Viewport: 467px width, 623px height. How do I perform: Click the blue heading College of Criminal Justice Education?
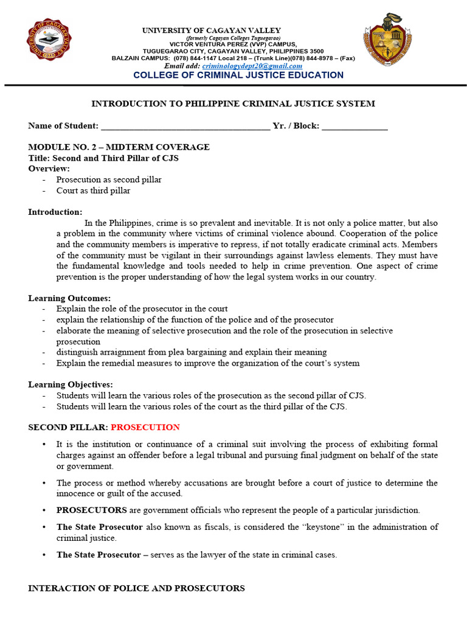point(238,75)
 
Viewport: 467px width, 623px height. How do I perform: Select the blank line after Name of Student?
point(185,126)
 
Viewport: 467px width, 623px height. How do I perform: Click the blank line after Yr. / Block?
point(355,126)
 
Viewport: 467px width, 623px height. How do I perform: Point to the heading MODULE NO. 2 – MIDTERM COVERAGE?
point(119,147)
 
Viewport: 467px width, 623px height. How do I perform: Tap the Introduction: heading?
point(55,212)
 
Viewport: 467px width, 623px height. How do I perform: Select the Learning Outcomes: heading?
point(69,298)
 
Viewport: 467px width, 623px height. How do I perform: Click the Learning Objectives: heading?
point(71,385)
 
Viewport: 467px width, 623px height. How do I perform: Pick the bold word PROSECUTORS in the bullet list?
point(92,510)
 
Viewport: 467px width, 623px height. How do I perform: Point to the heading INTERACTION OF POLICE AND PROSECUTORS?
point(136,588)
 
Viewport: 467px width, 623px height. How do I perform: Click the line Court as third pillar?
point(93,190)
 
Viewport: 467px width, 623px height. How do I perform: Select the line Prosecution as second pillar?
point(109,179)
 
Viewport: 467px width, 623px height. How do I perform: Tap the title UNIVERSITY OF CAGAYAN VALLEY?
point(212,30)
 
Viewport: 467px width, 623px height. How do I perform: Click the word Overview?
point(49,169)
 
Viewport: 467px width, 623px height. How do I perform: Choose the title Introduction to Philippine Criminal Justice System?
point(233,103)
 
